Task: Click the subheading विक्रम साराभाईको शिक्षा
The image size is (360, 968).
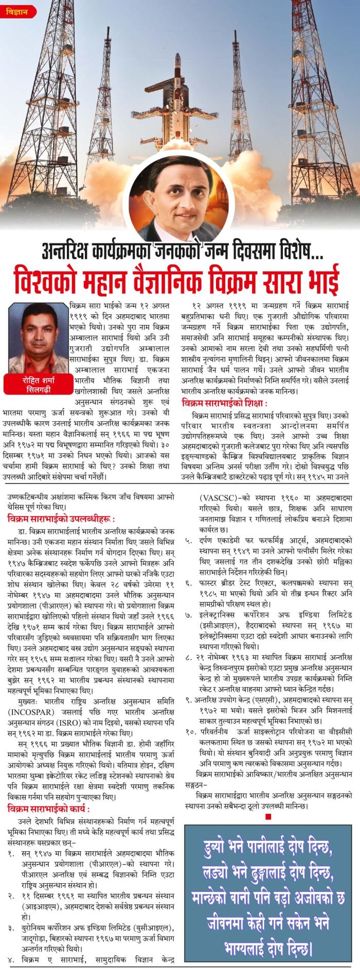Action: tap(224, 402)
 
